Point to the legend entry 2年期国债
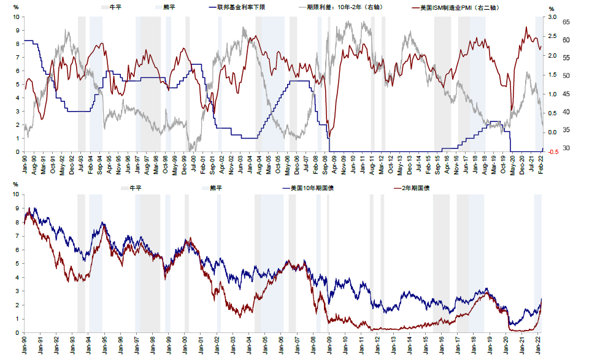pyautogui.click(x=415, y=188)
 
